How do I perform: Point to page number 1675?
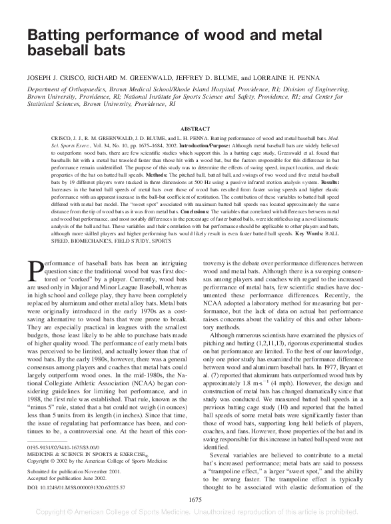(x=196, y=498)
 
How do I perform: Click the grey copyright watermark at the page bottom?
(x=195, y=512)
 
